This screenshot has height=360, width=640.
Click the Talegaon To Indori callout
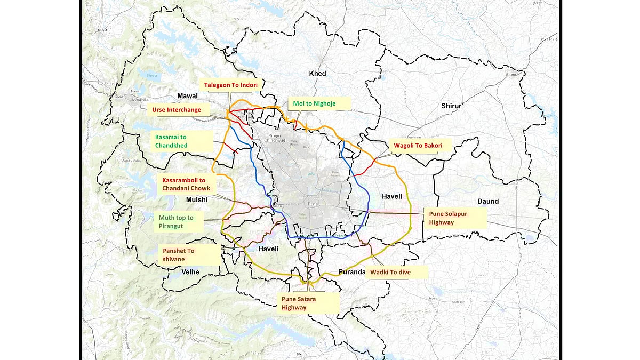pyautogui.click(x=230, y=85)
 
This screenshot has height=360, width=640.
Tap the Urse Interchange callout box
pyautogui.click(x=177, y=110)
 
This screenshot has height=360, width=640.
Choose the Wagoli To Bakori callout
pyautogui.click(x=414, y=145)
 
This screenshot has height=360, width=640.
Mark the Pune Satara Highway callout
pyautogui.click(x=310, y=303)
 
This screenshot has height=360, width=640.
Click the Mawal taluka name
pyautogui.click(x=187, y=96)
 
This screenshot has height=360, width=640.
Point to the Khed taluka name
pyautogui.click(x=318, y=73)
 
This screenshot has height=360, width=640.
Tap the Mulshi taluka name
pyautogui.click(x=196, y=199)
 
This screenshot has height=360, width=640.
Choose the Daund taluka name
pyautogui.click(x=487, y=201)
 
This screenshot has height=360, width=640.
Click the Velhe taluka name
pyautogui.click(x=190, y=272)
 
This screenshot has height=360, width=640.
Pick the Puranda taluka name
pyautogui.click(x=352, y=272)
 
